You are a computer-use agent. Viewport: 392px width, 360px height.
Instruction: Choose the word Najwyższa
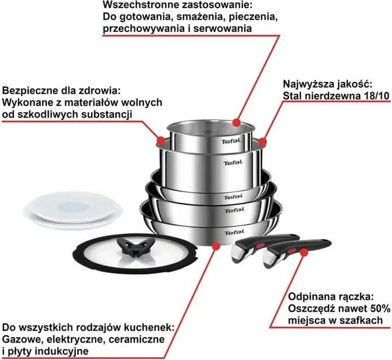point(305,84)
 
